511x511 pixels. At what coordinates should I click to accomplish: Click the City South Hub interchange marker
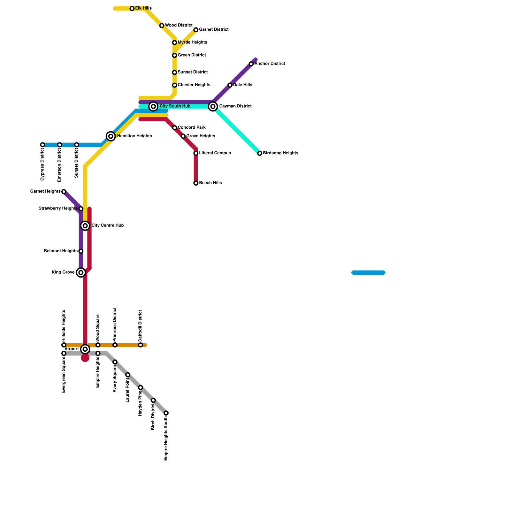coord(153,106)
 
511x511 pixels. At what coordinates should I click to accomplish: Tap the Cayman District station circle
coord(213,106)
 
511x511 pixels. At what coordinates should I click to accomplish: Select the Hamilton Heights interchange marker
coord(111,136)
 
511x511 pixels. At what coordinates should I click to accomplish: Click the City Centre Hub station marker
coord(85,226)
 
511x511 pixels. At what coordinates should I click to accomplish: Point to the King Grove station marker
coord(81,272)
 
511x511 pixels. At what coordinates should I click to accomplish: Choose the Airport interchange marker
coord(85,349)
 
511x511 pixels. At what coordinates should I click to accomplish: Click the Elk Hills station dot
coord(132,9)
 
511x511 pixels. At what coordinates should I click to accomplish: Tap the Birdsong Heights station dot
coord(260,153)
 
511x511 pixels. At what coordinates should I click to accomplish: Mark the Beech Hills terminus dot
coord(196,183)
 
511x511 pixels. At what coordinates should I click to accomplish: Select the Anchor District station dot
coord(251,64)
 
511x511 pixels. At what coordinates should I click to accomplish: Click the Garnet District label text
coord(214,30)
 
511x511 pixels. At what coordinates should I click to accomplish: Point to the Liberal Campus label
coord(215,153)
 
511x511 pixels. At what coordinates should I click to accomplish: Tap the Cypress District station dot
coord(42,145)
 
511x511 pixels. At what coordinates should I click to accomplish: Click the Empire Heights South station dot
coord(166,413)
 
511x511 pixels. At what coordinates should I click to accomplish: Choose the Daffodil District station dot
coord(141,345)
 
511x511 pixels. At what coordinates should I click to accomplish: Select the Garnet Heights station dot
coord(64,192)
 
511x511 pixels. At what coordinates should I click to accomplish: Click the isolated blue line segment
coord(368,272)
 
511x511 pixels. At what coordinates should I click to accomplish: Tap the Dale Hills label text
coord(242,85)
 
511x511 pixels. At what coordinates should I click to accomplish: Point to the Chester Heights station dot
coord(175,85)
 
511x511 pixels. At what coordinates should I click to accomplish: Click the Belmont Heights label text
coord(61,251)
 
